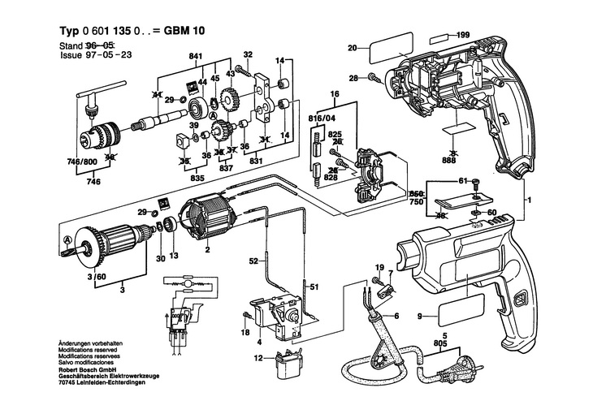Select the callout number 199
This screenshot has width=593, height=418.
(x=463, y=35)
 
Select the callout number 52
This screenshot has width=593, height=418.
(x=253, y=261)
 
